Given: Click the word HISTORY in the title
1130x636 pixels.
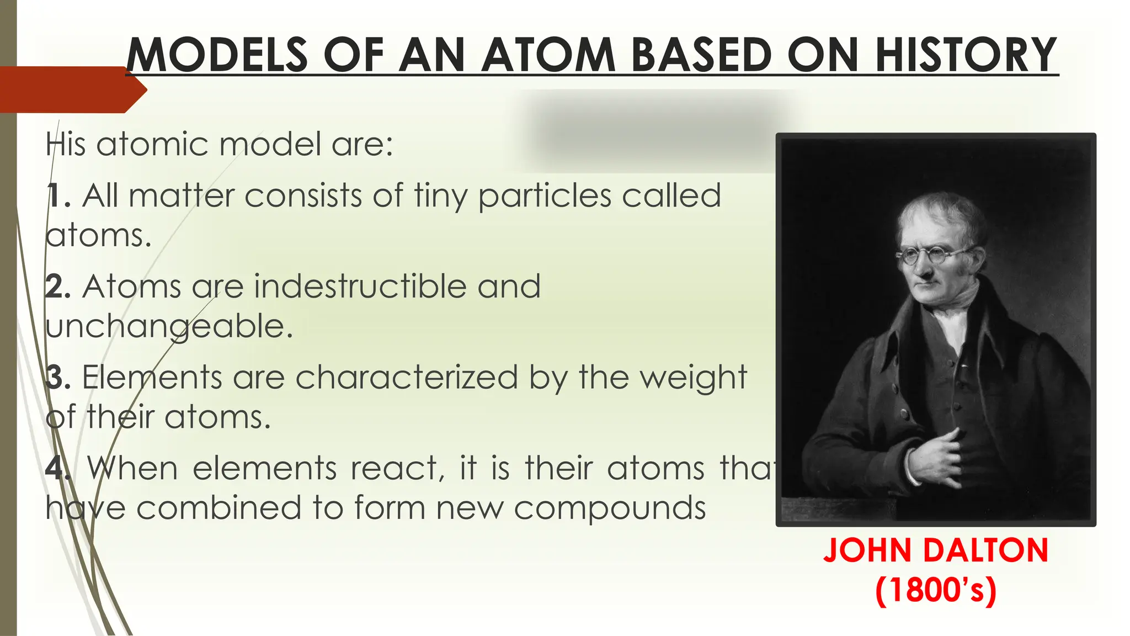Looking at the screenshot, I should click(966, 55).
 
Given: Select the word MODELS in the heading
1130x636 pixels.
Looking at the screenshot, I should click(217, 55).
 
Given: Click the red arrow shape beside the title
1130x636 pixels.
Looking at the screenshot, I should click(72, 89).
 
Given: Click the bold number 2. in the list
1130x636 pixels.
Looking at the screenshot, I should click(58, 287).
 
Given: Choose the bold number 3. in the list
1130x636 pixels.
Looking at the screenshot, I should click(58, 378).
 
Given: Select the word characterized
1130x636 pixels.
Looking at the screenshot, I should click(407, 378).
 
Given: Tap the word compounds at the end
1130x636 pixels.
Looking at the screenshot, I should click(610, 508).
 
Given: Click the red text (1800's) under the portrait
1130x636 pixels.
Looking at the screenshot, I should click(936, 590).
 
